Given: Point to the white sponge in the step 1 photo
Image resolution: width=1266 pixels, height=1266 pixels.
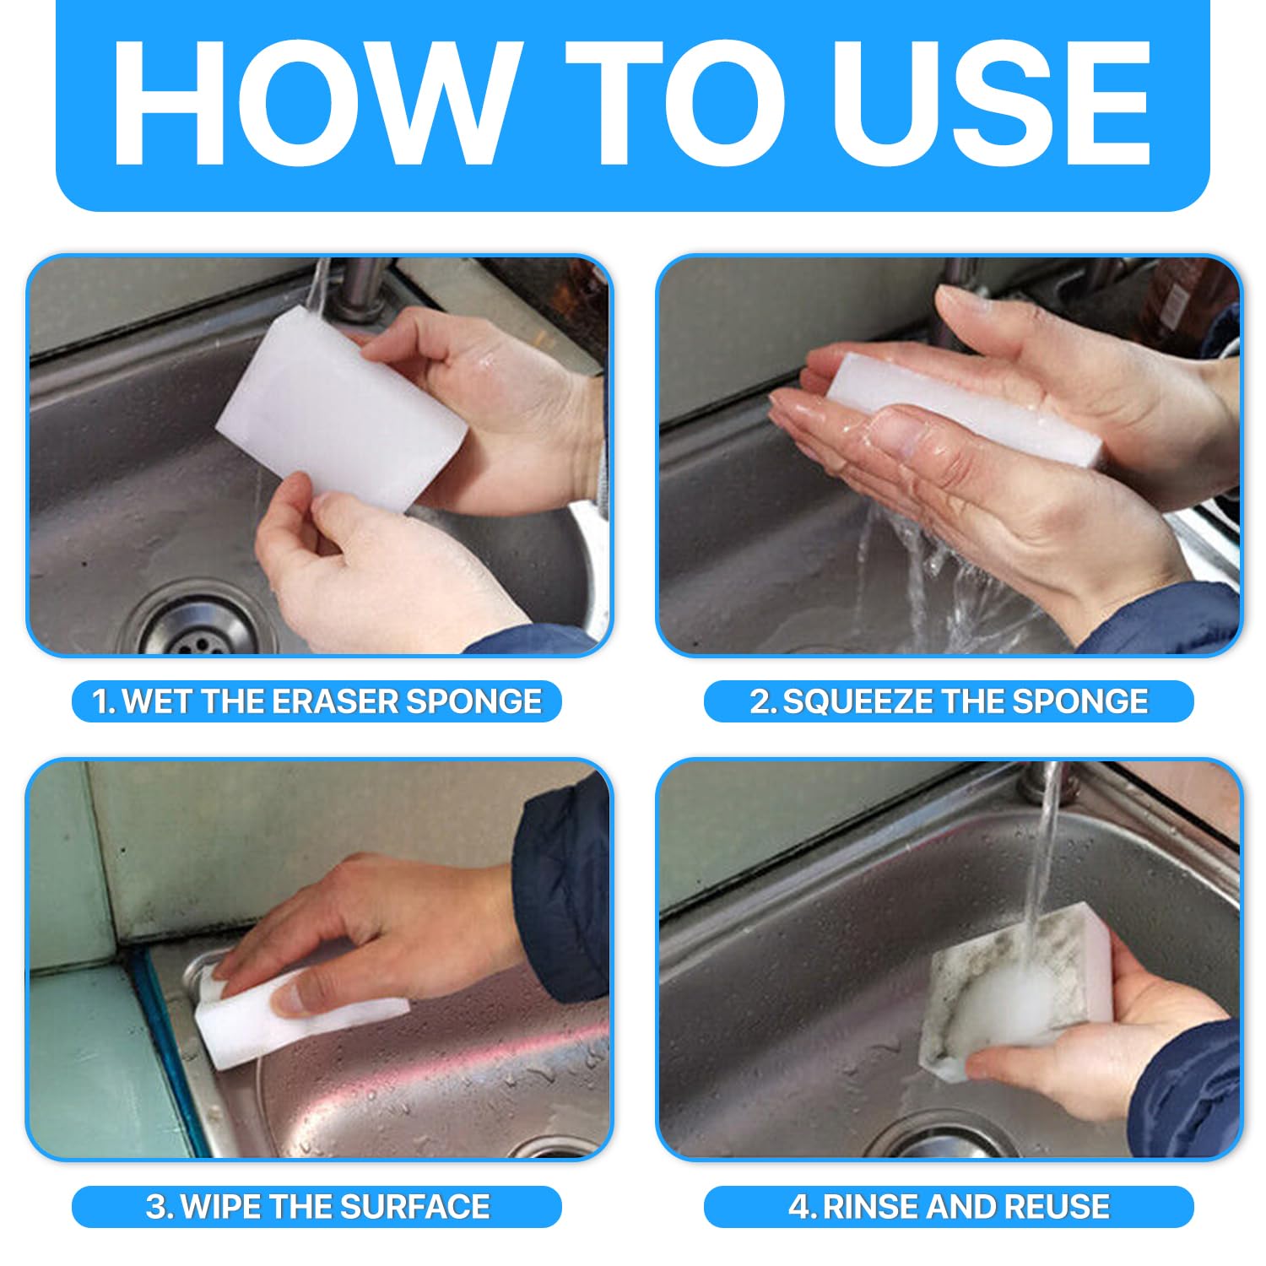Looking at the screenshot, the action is [342, 410].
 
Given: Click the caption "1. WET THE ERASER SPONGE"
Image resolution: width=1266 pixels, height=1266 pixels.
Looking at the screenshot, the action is [316, 701].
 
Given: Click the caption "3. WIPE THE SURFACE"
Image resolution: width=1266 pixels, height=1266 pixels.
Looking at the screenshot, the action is [317, 1206].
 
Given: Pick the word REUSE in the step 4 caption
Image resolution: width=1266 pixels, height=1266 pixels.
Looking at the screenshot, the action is [1055, 1206].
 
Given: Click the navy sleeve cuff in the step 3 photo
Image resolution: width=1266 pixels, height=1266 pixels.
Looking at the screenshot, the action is [560, 895].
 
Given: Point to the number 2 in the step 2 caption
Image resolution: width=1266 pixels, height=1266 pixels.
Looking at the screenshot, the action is [760, 701].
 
